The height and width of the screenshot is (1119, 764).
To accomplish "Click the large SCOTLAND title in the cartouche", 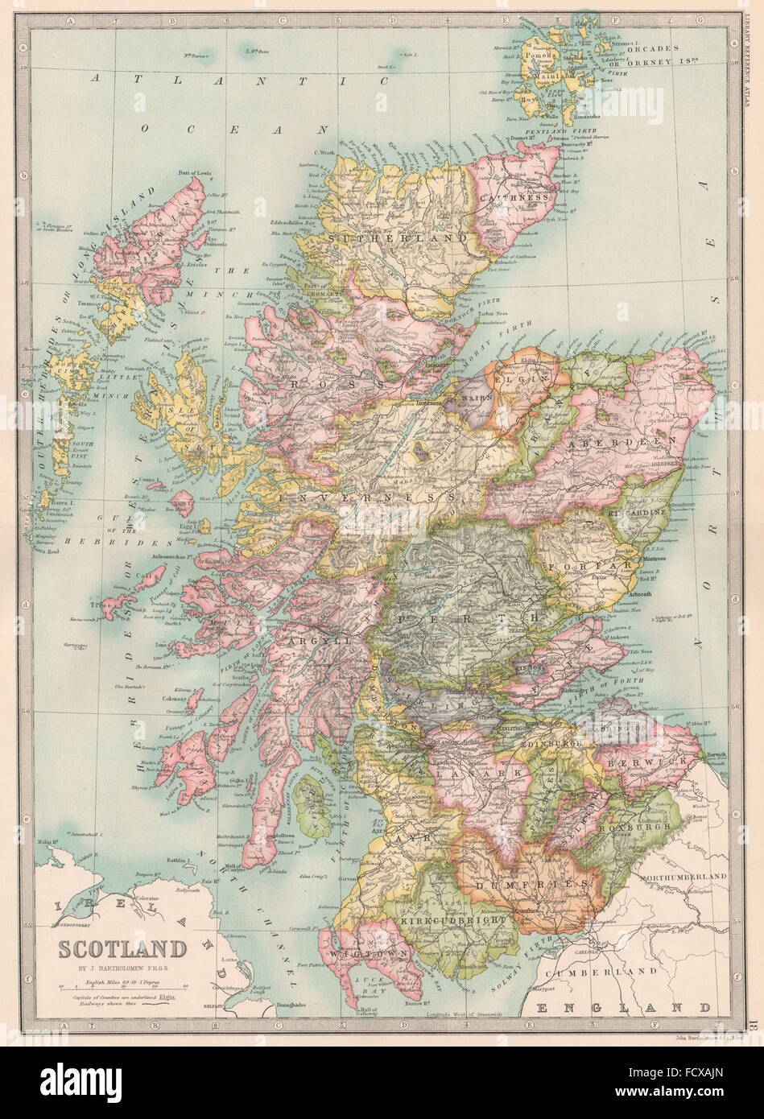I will tap(121, 948).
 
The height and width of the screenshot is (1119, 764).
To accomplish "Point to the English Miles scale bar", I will tap(121, 985).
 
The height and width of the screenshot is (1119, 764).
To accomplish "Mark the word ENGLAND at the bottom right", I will tap(624, 1007).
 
